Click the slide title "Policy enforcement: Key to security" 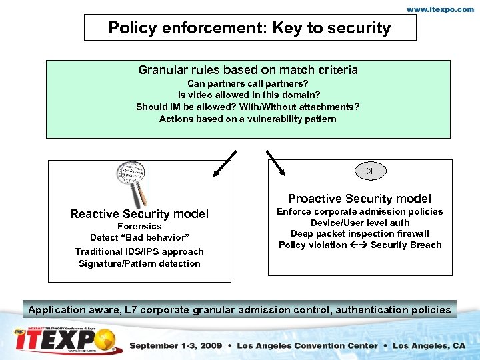(x=249, y=28)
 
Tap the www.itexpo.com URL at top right (x=441, y=9)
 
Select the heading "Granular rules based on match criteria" (x=248, y=70)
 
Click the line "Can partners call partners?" (x=248, y=84)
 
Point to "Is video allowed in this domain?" (x=248, y=95)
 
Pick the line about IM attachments (x=248, y=107)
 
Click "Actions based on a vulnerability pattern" (x=248, y=119)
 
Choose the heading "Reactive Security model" (x=139, y=214)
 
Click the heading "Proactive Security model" (x=359, y=199)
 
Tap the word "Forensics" (x=139, y=227)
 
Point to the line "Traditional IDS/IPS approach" (x=139, y=251)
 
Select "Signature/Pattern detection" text (x=139, y=263)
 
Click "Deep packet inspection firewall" (x=359, y=234)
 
